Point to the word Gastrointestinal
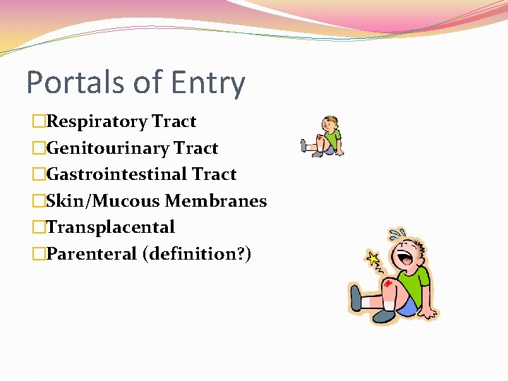[116, 174]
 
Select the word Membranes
[216, 201]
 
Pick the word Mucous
[123, 201]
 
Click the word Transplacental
[110, 227]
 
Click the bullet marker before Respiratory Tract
[39, 122]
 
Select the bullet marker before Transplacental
[39, 228]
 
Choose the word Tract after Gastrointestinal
[214, 174]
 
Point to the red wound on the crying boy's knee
[388, 284]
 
